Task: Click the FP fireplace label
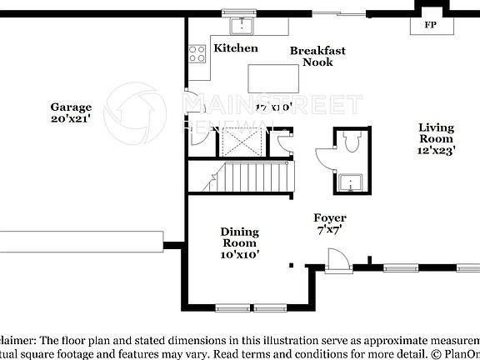(431, 25)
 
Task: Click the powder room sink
(348, 182)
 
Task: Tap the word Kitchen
(236, 48)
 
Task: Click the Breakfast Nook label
(317, 57)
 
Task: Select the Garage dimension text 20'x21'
(71, 119)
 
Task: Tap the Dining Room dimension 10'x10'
(239, 255)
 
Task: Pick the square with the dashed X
(242, 144)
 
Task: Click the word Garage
(71, 107)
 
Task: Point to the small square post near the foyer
(291, 265)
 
